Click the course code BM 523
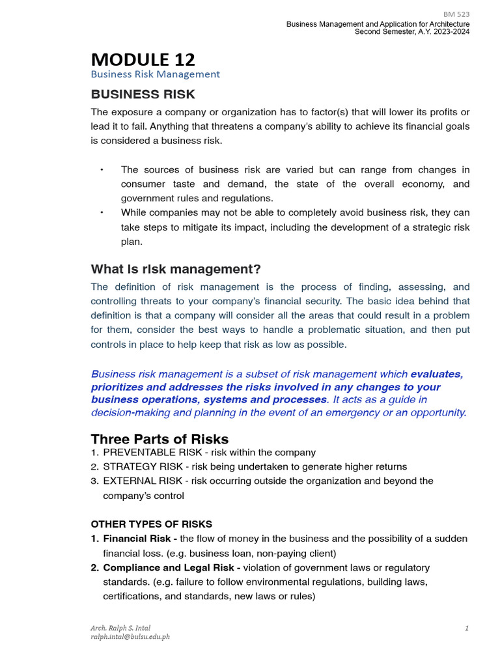click(456, 14)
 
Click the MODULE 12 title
click(143, 59)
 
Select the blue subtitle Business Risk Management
click(155, 74)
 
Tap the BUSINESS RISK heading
click(143, 94)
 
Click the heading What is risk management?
click(176, 269)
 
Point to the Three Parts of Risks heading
click(160, 438)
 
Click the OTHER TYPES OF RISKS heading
click(151, 524)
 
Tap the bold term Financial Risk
click(137, 539)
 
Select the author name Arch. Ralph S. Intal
click(120, 628)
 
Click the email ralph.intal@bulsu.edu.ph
click(130, 636)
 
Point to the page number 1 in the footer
click(467, 628)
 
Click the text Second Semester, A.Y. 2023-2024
click(411, 32)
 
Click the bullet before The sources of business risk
click(102, 170)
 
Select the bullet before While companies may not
click(102, 213)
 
